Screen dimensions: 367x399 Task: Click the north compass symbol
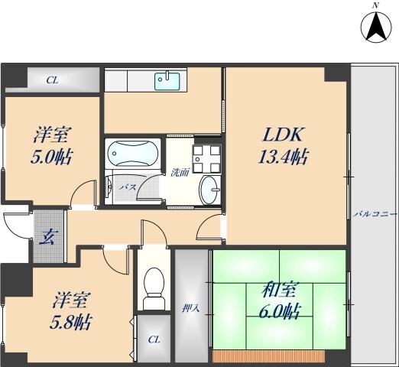click(375, 28)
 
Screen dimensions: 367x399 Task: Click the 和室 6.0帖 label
click(281, 300)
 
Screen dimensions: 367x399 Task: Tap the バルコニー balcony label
click(374, 215)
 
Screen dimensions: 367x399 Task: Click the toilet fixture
click(154, 284)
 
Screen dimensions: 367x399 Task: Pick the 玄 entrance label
click(47, 235)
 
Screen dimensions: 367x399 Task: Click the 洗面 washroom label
click(180, 172)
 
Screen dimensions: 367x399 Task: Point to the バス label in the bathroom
click(128, 186)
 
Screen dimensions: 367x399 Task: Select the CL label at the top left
click(51, 80)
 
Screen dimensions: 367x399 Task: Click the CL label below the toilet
click(154, 339)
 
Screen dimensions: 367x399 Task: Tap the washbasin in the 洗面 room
click(209, 188)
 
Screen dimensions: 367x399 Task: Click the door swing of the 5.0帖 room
click(83, 196)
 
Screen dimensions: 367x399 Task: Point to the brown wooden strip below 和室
click(279, 356)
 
